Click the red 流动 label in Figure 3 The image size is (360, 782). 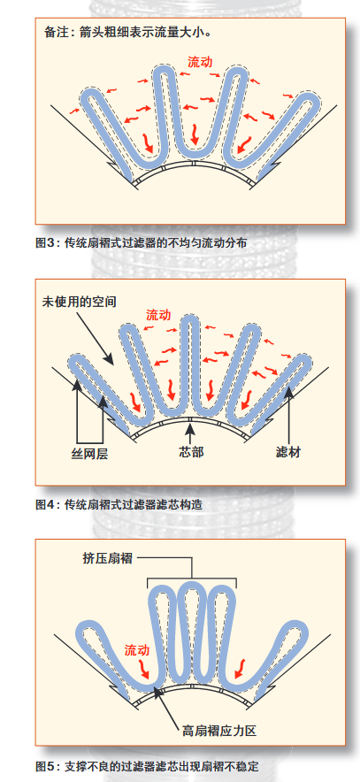(200, 62)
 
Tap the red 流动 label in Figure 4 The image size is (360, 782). (158, 315)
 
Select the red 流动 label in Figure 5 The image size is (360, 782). (136, 650)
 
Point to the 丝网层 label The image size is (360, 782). (88, 453)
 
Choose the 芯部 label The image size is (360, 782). (191, 452)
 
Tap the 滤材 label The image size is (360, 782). (288, 452)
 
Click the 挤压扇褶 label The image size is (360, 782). (108, 557)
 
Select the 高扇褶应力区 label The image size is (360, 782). (219, 731)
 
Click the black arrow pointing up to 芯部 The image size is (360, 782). (190, 433)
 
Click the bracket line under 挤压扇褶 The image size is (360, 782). (192, 579)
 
